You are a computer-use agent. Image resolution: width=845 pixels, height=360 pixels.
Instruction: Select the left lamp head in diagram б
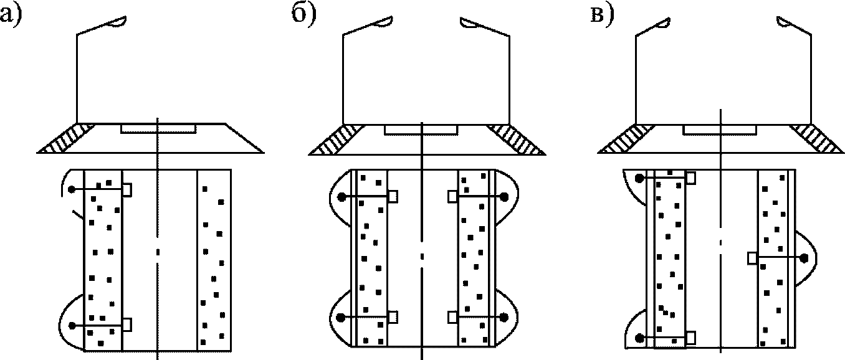coord(383,22)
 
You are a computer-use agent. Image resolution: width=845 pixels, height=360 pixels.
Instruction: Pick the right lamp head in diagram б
coord(469,23)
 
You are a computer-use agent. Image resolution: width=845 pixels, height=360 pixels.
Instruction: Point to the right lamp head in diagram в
coord(786,23)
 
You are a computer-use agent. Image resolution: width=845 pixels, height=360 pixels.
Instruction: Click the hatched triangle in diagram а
coord(66,140)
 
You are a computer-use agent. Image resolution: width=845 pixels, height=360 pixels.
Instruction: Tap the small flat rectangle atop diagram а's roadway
coord(158,128)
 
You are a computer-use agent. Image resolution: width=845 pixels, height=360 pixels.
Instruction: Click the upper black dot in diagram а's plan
coord(72,189)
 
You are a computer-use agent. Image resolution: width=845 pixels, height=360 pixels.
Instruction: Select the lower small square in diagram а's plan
coord(127,324)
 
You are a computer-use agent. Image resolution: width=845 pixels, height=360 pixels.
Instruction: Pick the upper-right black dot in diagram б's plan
coord(504,196)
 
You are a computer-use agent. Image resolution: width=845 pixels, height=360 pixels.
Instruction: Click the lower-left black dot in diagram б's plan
coord(341,318)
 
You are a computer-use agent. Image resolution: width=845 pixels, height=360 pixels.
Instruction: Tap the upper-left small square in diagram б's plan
coord(393,196)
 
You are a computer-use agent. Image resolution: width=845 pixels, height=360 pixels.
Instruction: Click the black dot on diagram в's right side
coord(804,257)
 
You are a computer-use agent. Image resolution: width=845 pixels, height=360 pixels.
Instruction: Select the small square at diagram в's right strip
coord(753,257)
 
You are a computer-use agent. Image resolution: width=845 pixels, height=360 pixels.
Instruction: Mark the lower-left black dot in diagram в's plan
coord(639,338)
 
